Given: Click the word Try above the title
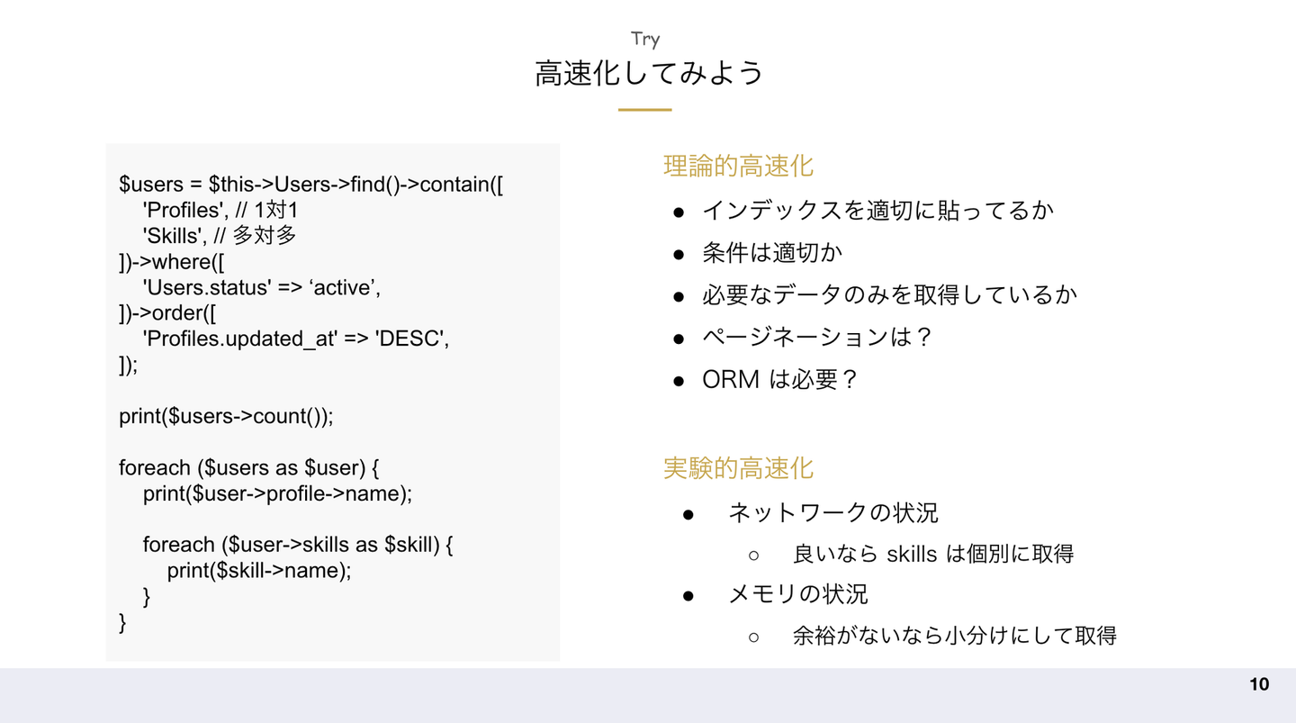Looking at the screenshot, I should (x=645, y=39).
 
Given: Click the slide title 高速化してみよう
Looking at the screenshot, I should (x=648, y=73).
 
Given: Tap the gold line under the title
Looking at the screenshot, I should (x=644, y=110).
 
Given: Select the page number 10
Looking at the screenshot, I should (x=1259, y=684).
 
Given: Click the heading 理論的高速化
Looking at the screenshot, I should (x=738, y=166).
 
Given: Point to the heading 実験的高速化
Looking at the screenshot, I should (x=738, y=468).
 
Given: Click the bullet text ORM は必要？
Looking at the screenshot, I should (x=780, y=379).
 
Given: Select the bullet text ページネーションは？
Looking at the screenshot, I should (x=817, y=337).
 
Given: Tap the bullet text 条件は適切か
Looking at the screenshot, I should (x=772, y=252).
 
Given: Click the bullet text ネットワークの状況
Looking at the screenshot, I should (x=832, y=512).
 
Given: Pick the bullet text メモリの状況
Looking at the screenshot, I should (x=797, y=594).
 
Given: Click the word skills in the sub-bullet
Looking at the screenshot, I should (x=912, y=554).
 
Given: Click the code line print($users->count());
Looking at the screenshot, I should (x=226, y=417).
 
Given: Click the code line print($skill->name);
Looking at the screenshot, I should (x=259, y=571).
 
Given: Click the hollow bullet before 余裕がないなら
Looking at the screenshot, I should (x=754, y=637).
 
